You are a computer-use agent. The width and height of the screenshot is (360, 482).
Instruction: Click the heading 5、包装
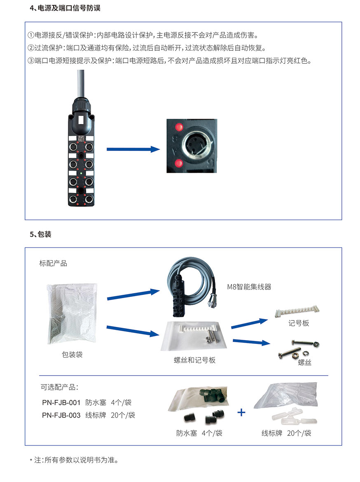tap(40, 234)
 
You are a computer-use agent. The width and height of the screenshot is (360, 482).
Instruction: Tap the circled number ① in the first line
tap(30, 35)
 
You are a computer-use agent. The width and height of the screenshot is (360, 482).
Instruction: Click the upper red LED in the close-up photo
tap(178, 127)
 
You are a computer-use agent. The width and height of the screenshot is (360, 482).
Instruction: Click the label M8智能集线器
tap(249, 287)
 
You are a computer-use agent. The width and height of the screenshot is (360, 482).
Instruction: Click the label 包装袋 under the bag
tap(72, 354)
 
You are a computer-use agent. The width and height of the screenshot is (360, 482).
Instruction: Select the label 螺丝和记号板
tap(195, 360)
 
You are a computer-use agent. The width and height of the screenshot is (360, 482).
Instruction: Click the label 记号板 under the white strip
tap(299, 323)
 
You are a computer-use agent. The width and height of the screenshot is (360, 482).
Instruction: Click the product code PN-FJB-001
tap(61, 402)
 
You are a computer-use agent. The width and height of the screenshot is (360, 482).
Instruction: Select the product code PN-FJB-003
tap(61, 415)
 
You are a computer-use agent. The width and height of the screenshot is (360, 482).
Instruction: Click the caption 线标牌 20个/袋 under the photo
tap(286, 433)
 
